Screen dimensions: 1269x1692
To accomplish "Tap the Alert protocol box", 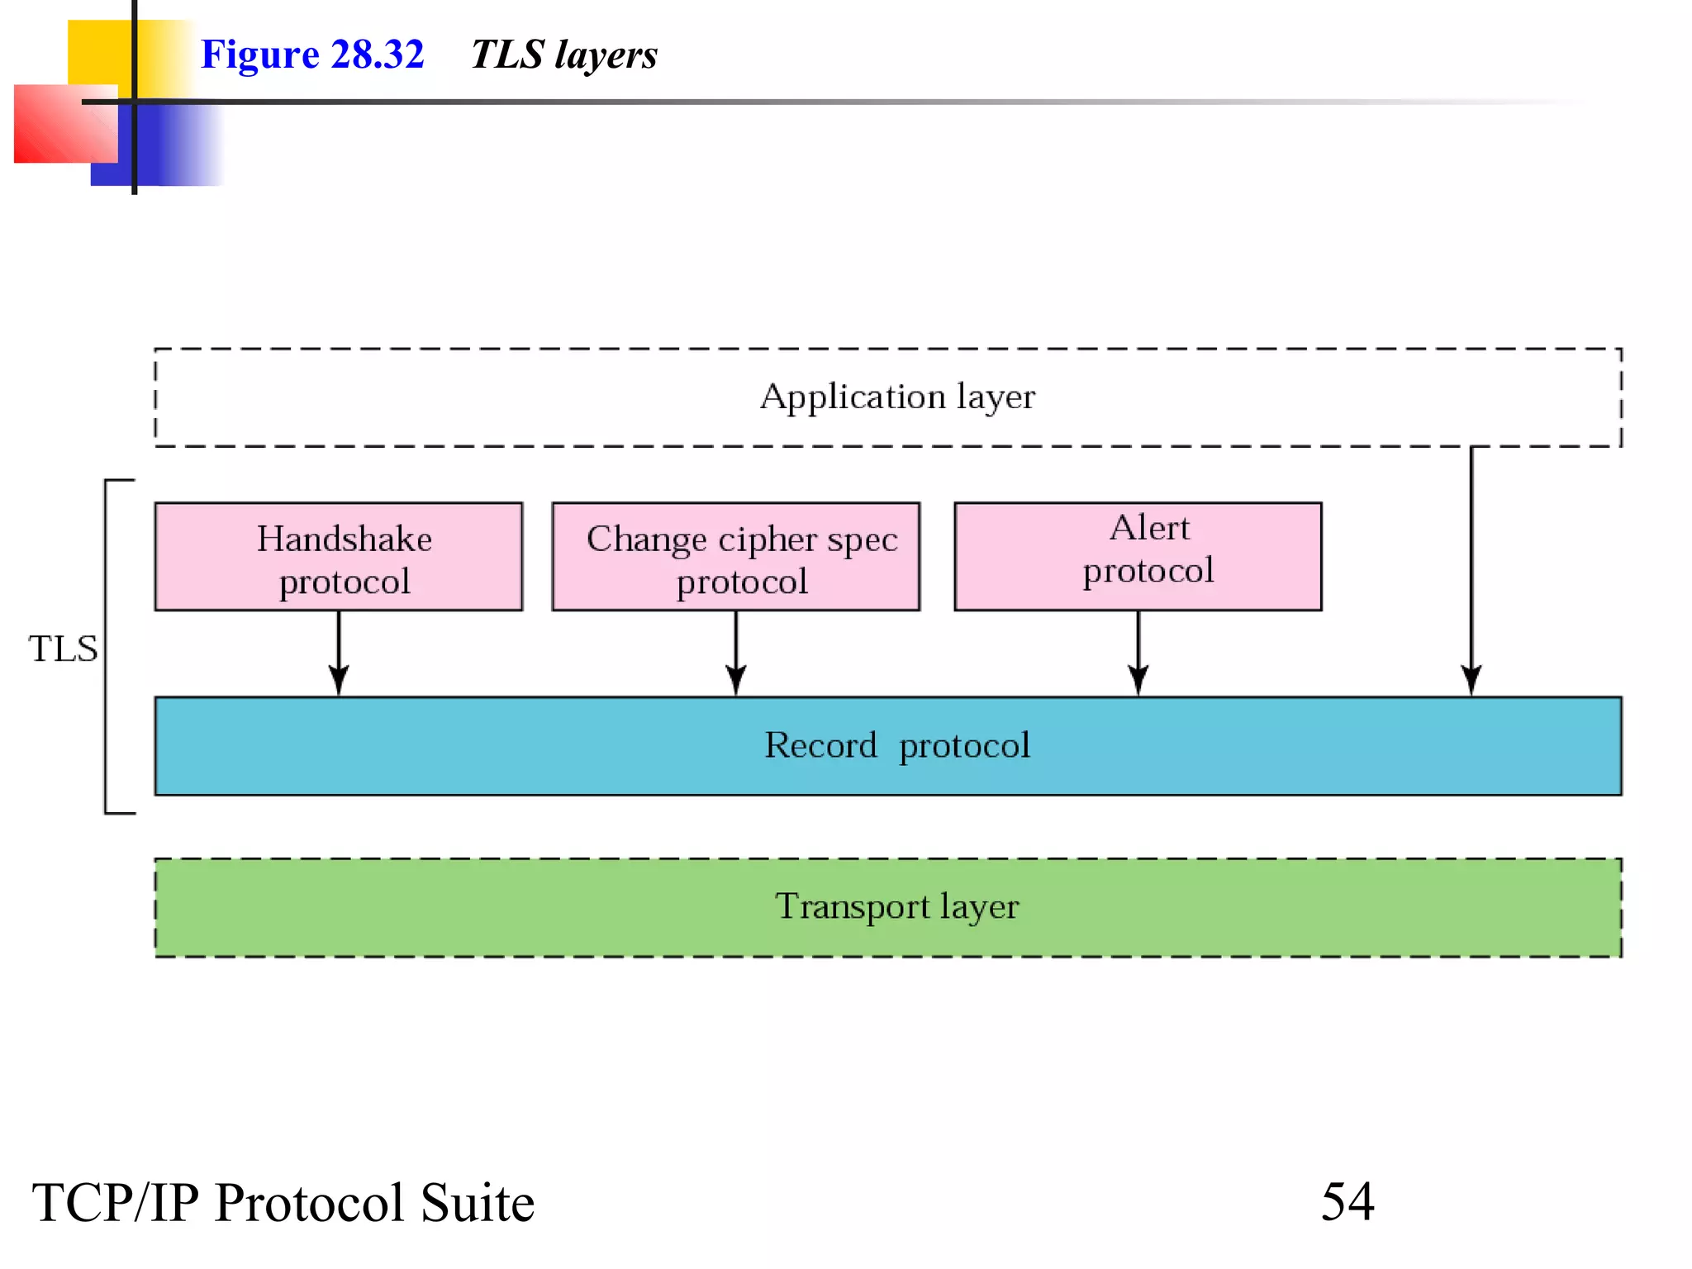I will (x=1138, y=556).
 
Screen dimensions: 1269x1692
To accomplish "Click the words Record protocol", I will (x=897, y=746).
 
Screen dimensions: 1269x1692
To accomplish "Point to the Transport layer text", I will (x=897, y=907).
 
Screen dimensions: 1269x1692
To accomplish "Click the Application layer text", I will (x=897, y=397).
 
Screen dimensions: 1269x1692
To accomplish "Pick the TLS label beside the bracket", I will (x=63, y=649).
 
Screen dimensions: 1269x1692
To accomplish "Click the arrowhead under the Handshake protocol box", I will (x=339, y=679).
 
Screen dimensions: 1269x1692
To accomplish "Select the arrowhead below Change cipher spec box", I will (x=736, y=679).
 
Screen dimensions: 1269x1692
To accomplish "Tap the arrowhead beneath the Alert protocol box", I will (x=1138, y=679).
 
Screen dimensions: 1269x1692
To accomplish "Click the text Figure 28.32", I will (x=312, y=55).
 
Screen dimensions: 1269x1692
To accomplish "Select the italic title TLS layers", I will (x=564, y=55).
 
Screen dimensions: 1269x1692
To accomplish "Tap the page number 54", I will (x=1347, y=1201).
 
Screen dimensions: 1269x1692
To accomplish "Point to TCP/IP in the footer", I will (x=116, y=1203).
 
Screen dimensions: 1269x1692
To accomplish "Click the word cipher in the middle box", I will (x=768, y=540).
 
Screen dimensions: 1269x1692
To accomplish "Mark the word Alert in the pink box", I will (x=1149, y=528).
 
